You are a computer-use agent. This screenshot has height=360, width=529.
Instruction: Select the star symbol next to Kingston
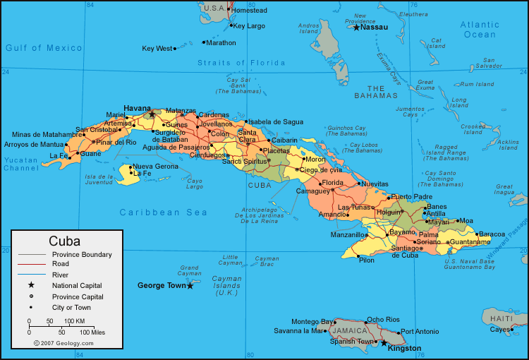point(384,343)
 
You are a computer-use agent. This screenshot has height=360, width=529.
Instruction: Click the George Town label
point(161,286)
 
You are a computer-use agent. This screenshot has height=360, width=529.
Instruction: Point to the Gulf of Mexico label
point(44,48)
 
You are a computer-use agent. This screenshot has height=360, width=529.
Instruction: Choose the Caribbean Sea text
point(164,212)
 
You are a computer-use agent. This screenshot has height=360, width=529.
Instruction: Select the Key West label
point(157,49)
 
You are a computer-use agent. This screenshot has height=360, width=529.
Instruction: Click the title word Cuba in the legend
point(64,241)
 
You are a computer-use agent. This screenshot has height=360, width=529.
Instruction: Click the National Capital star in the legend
point(31,285)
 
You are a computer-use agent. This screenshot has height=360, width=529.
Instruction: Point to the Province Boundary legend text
point(82,254)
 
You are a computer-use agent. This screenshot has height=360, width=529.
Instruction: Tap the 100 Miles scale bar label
point(92,332)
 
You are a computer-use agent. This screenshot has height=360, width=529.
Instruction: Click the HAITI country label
point(501,319)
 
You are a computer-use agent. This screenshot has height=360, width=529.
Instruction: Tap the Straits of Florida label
point(234,63)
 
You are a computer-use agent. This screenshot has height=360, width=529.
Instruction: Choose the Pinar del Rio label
point(116,142)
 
